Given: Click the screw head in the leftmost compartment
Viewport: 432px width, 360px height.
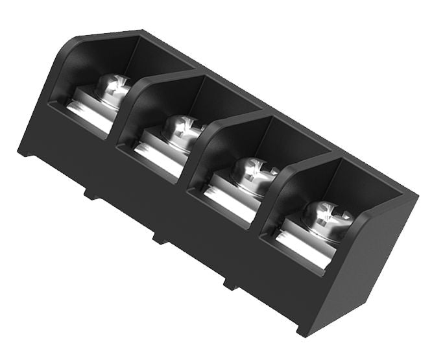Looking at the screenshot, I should pyautogui.click(x=112, y=88).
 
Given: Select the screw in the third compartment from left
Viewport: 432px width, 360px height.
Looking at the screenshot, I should pyautogui.click(x=252, y=169).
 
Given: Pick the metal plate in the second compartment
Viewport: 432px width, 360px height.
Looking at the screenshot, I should pyautogui.click(x=159, y=152).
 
